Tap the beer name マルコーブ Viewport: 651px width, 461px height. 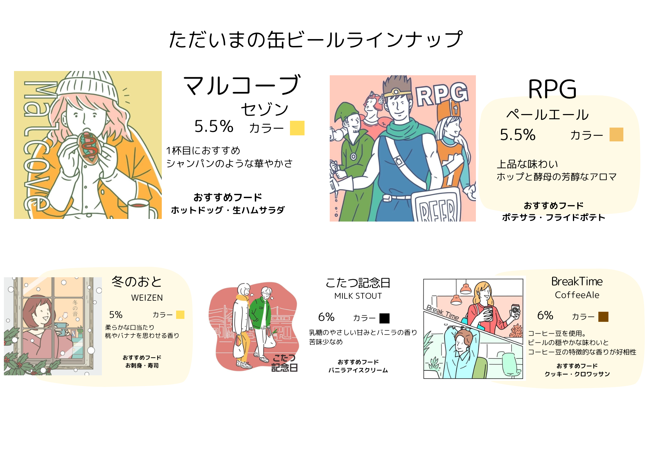click(x=242, y=85)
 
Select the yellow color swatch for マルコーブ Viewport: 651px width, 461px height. click(x=297, y=128)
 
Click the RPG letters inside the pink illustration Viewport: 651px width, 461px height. click(x=442, y=94)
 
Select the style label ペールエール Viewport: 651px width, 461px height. click(x=547, y=115)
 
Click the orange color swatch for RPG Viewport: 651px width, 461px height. click(x=616, y=135)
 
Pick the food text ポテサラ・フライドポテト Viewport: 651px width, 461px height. click(x=553, y=217)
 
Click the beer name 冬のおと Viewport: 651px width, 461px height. click(x=137, y=282)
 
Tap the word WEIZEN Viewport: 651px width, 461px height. click(x=147, y=298)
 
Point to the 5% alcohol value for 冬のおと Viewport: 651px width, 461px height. click(x=116, y=315)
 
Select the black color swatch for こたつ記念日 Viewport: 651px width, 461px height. click(x=384, y=318)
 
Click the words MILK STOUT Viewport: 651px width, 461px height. click(x=358, y=296)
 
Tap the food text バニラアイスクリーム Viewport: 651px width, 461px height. click(x=358, y=370)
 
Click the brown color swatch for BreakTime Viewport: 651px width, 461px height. click(x=603, y=316)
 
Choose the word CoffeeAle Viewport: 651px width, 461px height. click(x=577, y=295)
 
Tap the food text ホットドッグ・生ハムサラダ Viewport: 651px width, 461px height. click(x=228, y=210)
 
